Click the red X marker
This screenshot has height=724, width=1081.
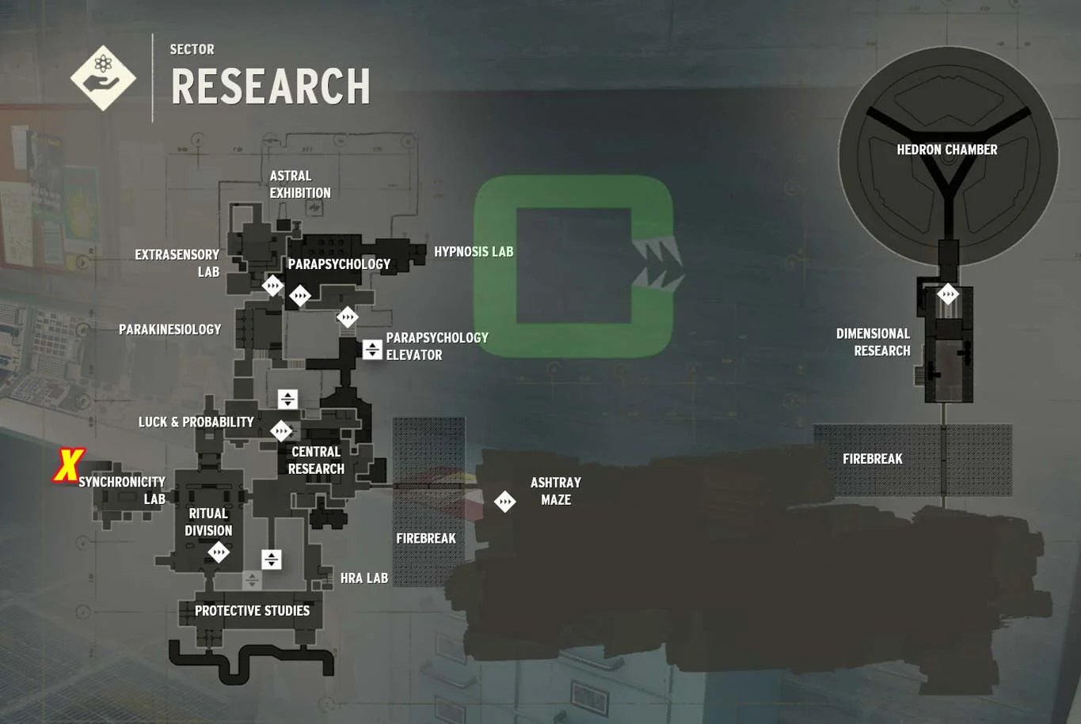(69, 465)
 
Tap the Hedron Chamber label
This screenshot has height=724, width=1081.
(946, 150)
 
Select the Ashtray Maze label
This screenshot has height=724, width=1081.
(555, 491)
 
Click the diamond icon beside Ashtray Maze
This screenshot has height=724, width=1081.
(504, 501)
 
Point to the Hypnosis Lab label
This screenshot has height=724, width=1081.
(473, 252)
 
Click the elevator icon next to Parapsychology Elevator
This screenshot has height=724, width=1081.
(372, 349)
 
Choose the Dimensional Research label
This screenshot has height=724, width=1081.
(874, 342)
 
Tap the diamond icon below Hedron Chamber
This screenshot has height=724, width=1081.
(948, 295)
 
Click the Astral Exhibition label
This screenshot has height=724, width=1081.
(300, 184)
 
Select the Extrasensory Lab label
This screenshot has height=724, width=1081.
(177, 263)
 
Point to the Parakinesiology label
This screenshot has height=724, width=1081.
(169, 329)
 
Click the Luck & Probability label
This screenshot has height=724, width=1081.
(196, 422)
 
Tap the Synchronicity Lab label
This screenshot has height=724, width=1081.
(123, 490)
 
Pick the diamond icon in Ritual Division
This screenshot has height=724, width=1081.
(219, 552)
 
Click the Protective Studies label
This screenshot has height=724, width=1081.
(252, 611)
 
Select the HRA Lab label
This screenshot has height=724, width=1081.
(364, 578)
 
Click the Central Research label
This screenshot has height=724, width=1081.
(316, 460)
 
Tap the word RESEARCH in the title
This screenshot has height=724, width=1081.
(271, 86)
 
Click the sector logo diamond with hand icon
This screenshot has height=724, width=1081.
(103, 78)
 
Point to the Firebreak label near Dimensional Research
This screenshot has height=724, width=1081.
(872, 459)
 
